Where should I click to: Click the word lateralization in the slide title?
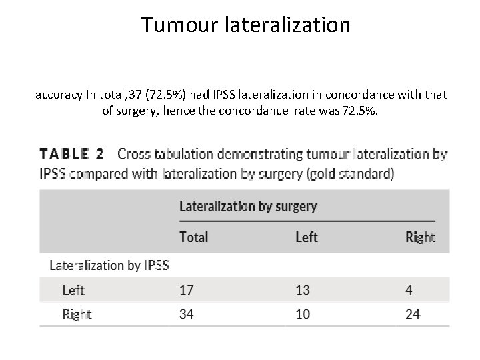click(288, 25)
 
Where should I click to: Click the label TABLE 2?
click(72, 154)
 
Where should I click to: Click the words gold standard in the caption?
click(359, 175)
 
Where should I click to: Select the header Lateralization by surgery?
click(248, 205)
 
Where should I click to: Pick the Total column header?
click(194, 237)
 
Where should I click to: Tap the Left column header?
click(306, 237)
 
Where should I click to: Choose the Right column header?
click(420, 237)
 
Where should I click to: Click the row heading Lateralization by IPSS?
click(109, 265)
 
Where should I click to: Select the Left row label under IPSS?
click(73, 290)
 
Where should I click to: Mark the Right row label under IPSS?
click(77, 314)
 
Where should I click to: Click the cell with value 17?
click(187, 290)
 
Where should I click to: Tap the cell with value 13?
click(303, 290)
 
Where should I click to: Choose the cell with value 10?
click(303, 314)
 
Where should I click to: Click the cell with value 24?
click(413, 314)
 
